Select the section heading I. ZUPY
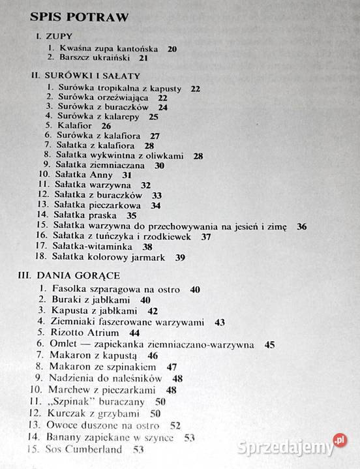click(x=53, y=37)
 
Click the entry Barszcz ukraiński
click(x=95, y=57)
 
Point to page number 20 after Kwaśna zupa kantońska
click(x=172, y=48)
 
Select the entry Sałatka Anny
click(x=83, y=175)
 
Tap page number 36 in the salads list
click(x=301, y=226)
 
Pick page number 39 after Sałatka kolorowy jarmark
click(x=181, y=258)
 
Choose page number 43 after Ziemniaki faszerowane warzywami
click(x=219, y=322)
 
